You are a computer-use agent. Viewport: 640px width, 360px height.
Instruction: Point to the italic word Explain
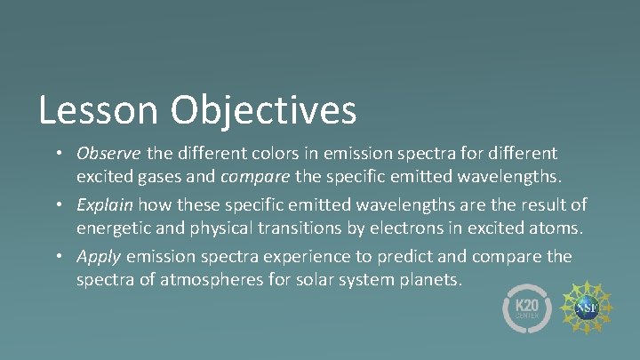tap(102, 205)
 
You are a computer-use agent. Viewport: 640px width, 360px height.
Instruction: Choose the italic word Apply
tap(99, 257)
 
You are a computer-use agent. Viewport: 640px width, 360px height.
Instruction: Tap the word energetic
tap(116, 228)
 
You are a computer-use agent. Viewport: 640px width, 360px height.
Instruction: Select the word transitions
tap(293, 228)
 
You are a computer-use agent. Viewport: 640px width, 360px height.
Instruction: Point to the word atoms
tap(555, 228)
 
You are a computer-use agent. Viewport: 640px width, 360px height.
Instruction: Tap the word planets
tap(433, 280)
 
